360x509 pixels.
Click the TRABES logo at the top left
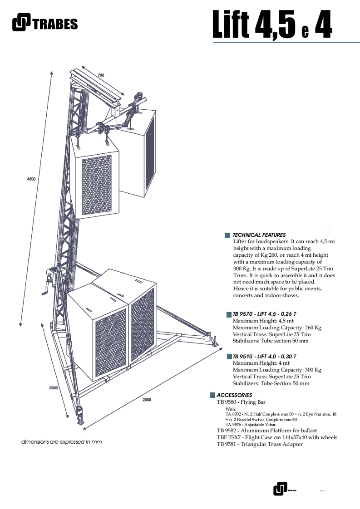coord(44,23)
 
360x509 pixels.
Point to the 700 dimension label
coord(100,74)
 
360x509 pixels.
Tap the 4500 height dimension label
coord(31,180)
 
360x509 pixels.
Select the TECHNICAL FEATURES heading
coord(259,235)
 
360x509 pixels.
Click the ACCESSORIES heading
coord(234,395)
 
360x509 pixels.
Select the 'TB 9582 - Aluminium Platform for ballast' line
coord(266,431)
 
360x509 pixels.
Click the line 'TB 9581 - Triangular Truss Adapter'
coord(260,444)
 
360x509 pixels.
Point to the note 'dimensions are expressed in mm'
coord(62,442)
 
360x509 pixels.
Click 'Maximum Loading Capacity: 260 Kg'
coord(277,328)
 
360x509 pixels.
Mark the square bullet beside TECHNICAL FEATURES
coord(228,235)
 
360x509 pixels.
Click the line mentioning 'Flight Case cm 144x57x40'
coord(277,437)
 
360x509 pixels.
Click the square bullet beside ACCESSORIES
coord(212,395)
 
